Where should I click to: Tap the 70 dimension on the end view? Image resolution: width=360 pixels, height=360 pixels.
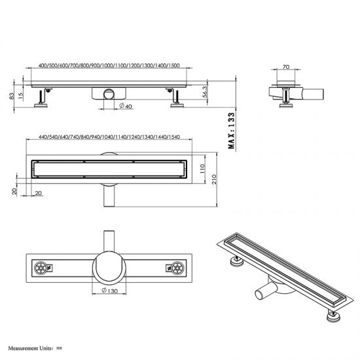coord(285,67)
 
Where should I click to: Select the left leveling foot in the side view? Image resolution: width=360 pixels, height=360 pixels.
coord(45,99)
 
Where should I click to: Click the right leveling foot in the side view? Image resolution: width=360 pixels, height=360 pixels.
coord(176,99)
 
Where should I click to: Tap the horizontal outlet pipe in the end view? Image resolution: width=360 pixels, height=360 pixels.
coord(313,94)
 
